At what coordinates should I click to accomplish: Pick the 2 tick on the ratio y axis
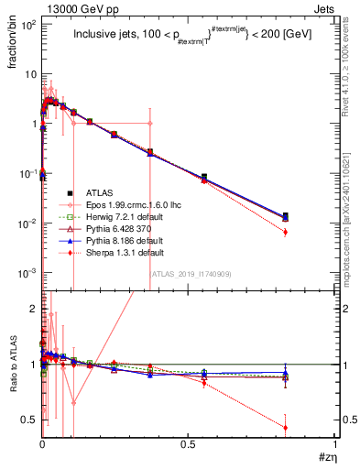(33, 308)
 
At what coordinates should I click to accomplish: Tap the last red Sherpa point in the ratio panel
(286, 428)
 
